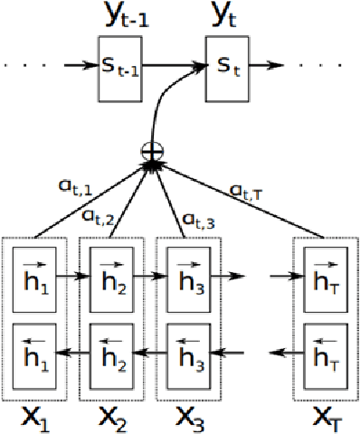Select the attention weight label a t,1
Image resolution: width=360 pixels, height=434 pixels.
[x=74, y=188]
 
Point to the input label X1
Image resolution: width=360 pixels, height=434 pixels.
[x=35, y=418]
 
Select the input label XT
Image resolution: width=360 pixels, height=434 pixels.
[x=327, y=418]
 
